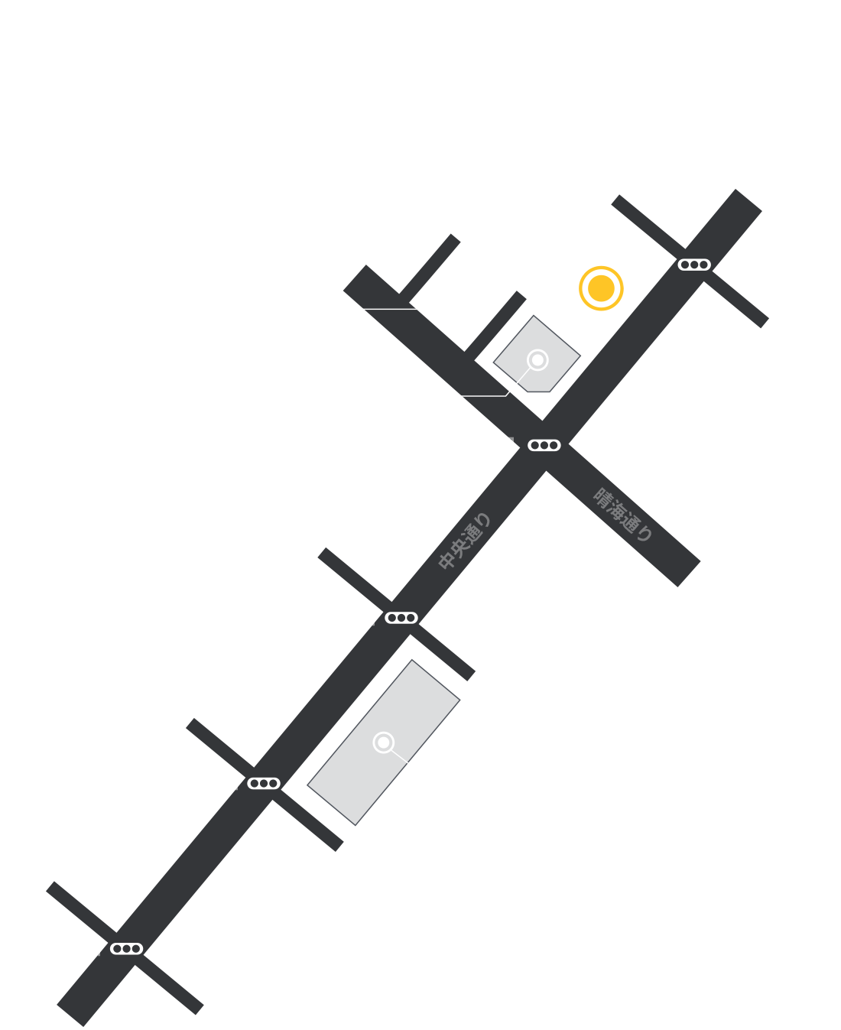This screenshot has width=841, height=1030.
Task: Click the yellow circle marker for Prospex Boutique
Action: click(601, 288)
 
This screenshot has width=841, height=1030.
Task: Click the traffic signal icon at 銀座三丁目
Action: click(694, 265)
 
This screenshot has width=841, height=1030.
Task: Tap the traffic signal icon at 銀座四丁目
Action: click(544, 445)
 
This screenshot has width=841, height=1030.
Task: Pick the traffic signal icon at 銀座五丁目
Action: click(401, 618)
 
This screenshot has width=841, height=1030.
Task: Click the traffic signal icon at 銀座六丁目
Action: click(264, 783)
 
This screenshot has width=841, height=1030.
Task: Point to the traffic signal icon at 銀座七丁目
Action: click(127, 949)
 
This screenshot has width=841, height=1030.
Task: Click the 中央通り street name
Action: click(463, 541)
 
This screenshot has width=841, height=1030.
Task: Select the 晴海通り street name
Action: click(624, 514)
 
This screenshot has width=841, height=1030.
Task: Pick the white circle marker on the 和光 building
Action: click(538, 359)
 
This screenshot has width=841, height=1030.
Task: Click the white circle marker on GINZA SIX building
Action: click(383, 742)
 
